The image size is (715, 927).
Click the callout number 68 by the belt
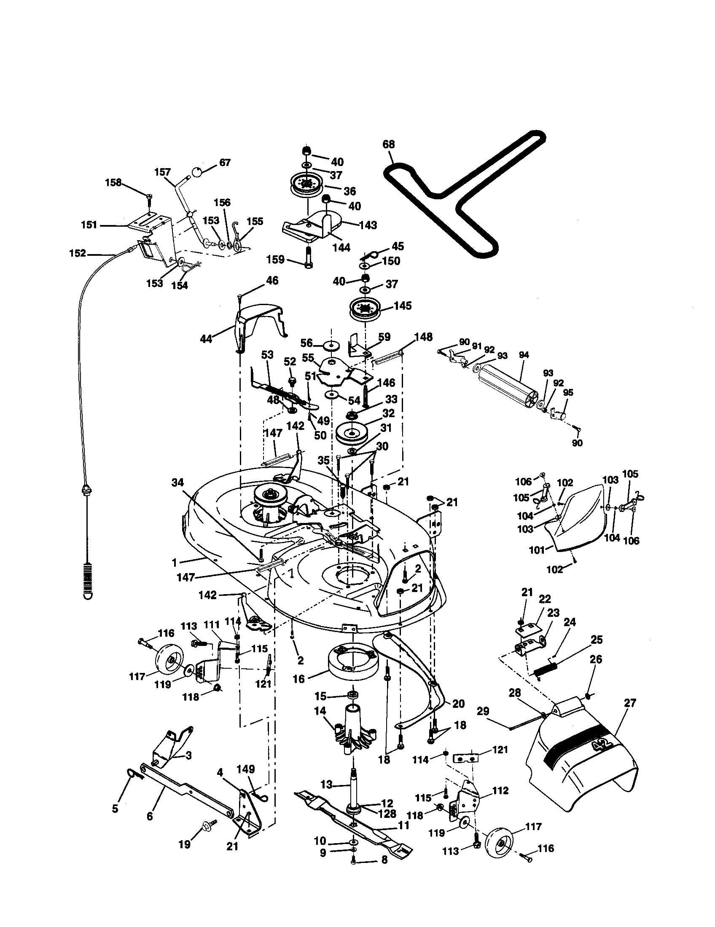pos(388,144)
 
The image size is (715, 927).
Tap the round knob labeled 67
pos(197,172)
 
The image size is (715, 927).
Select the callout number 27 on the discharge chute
pos(630,703)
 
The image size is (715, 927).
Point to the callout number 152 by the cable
pos(77,254)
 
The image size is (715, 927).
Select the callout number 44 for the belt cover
pos(206,339)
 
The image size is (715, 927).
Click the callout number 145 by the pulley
pos(402,305)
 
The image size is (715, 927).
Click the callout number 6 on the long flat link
pos(150,816)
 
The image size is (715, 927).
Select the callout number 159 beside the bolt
pos(275,259)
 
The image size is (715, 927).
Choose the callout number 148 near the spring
pos(423,337)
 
